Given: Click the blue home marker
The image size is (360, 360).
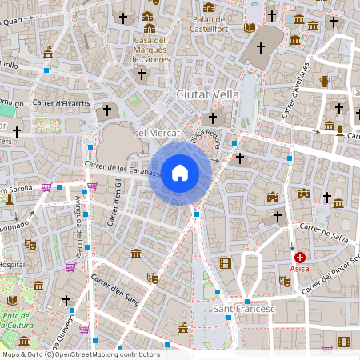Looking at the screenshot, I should point(180,172).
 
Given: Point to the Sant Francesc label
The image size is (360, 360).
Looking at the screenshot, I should point(244,308).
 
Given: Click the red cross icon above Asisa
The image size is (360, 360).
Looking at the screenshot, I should point(300,258).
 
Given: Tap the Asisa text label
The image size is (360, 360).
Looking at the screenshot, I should point(300,270).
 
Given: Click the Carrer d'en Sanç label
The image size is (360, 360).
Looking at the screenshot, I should point(114,290).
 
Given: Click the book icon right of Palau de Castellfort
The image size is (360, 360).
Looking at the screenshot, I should point(249,27).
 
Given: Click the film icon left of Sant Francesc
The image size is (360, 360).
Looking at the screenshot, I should point(225,263).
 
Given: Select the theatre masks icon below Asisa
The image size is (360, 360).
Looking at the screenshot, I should point(284,281).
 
